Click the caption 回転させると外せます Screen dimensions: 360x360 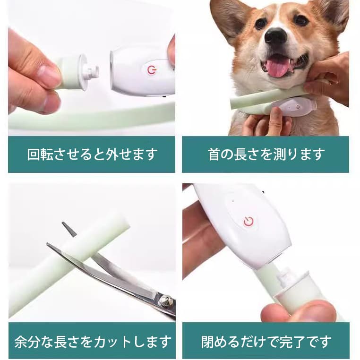(x=92, y=154)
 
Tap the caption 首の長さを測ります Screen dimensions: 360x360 (x=266, y=154)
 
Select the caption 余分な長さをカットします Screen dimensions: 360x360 (x=92, y=341)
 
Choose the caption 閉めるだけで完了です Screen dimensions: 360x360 (x=266, y=341)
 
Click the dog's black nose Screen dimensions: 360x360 (x=275, y=37)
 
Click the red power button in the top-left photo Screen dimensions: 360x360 (x=151, y=70)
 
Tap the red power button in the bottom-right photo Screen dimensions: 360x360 (x=249, y=221)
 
